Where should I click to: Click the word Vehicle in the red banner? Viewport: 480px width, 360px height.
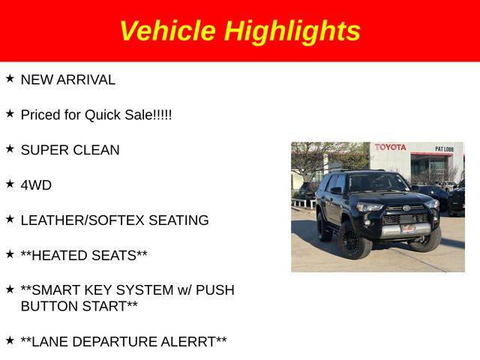[x=168, y=30]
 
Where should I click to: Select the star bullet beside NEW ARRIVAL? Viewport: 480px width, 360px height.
[x=10, y=78]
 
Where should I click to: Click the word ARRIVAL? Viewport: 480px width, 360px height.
[x=86, y=80]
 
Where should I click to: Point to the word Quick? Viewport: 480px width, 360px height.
[x=103, y=115]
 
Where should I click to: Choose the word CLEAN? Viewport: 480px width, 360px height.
[x=96, y=150]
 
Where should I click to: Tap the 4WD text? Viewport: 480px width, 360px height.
[x=36, y=185]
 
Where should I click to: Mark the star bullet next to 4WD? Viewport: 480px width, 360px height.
[x=10, y=184]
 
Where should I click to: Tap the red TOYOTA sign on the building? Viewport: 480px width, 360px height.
[x=390, y=147]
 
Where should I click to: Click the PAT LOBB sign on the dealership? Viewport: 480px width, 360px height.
[x=445, y=149]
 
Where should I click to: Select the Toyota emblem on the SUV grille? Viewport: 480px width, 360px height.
[x=406, y=208]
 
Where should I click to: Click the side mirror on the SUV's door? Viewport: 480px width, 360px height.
[x=336, y=190]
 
